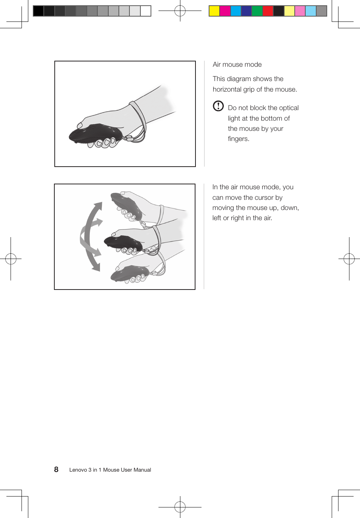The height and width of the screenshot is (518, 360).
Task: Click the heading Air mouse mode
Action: coord(237,64)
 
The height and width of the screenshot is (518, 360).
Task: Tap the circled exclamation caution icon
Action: coord(218,106)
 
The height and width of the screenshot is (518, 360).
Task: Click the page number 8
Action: coord(56,469)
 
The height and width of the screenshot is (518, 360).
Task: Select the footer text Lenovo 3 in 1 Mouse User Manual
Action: coord(110,470)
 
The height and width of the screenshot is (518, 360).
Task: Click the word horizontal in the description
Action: coord(227,89)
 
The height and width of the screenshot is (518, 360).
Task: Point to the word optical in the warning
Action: coord(289,108)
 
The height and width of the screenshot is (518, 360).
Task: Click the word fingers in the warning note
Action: coord(238,139)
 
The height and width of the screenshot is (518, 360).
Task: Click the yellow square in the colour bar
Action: coord(214,11)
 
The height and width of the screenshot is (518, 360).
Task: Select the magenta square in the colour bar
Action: coord(225,11)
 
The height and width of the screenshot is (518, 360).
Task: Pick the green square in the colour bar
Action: coord(257,11)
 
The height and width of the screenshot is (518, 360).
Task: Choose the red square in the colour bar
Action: coord(268,11)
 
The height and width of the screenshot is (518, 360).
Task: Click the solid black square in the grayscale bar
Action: coord(38,11)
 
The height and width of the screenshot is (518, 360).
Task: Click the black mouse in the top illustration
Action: coord(94,133)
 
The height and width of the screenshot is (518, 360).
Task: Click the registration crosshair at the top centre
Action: coord(180,11)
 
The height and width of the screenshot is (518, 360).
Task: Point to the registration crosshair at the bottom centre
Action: coord(180,507)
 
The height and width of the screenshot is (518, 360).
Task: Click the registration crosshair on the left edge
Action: coord(11,259)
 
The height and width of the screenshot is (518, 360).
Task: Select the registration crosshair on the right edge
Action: coord(349,259)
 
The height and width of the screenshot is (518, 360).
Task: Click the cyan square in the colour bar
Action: coord(235,11)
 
